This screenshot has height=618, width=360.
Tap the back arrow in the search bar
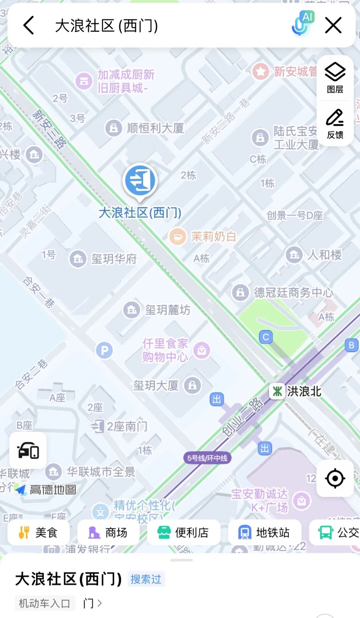pyautogui.click(x=29, y=25)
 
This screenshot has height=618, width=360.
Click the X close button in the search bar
pyautogui.click(x=333, y=25)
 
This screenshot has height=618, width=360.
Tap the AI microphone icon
pyautogui.click(x=302, y=23)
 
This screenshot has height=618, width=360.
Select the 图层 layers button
pyautogui.click(x=335, y=78)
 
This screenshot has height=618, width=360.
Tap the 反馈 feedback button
pyautogui.click(x=335, y=124)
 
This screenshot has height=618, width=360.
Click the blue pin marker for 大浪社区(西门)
pyautogui.click(x=140, y=180)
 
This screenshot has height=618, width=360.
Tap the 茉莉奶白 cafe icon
pyautogui.click(x=177, y=237)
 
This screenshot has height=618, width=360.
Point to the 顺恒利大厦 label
pyautogui.click(x=155, y=128)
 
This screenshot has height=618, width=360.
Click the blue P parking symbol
pyautogui.click(x=104, y=350)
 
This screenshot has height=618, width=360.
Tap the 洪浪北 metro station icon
pyautogui.click(x=277, y=391)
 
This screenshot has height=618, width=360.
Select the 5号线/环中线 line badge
pyautogui.click(x=207, y=458)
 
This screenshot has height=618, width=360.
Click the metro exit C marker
pyautogui.click(x=266, y=337)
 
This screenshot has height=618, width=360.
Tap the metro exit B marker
pyautogui.click(x=351, y=345)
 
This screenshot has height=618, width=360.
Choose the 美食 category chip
pyautogui.click(x=39, y=533)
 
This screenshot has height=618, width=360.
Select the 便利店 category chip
pyautogui.click(x=183, y=533)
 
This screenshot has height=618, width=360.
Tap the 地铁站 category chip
pyautogui.click(x=265, y=533)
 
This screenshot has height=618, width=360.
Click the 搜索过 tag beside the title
pyautogui.click(x=146, y=579)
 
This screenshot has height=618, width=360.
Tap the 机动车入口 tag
pyautogui.click(x=44, y=603)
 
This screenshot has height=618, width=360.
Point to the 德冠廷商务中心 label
pyautogui.click(x=293, y=292)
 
